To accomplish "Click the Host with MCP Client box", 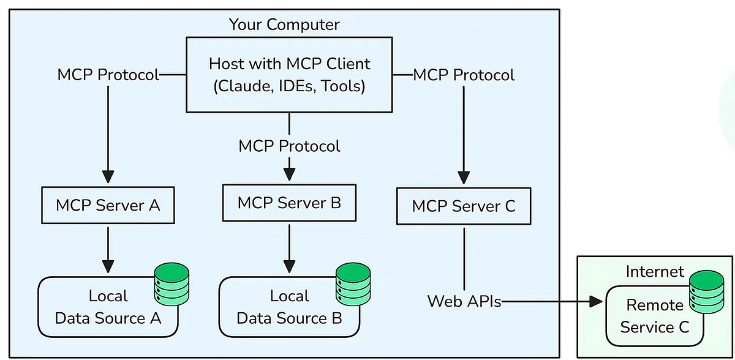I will [x=289, y=75].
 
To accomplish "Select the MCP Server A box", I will [x=108, y=205].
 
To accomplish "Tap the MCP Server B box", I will [x=289, y=203].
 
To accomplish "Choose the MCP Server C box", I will [x=464, y=206].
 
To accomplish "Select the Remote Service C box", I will [x=654, y=316].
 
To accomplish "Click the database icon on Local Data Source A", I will [x=171, y=284].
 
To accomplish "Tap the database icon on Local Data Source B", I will [x=353, y=284].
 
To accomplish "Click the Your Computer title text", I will [x=284, y=24].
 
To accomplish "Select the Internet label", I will [x=654, y=271].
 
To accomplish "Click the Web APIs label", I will [x=464, y=301].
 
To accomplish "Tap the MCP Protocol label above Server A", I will [x=108, y=75].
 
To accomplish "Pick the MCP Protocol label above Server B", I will [x=289, y=146].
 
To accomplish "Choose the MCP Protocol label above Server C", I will [x=464, y=75].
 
